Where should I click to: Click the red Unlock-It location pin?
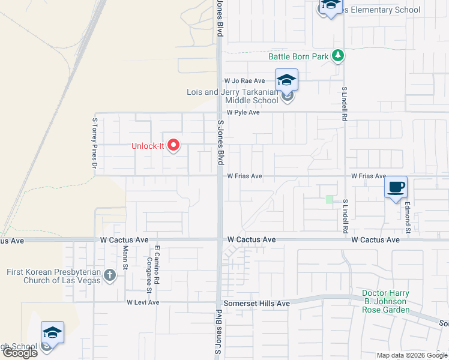[x=174, y=145]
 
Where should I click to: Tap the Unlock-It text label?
[x=148, y=146]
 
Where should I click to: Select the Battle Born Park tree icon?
[x=339, y=56]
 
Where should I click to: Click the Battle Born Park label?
[x=298, y=57]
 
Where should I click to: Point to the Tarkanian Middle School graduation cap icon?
[x=287, y=80]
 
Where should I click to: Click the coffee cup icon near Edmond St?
[x=396, y=187]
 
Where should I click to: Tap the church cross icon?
[x=109, y=275]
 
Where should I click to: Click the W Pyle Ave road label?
[x=243, y=113]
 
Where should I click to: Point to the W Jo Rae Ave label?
[x=244, y=80]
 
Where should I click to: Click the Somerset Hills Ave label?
[x=256, y=304]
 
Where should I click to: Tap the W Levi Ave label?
[x=143, y=302]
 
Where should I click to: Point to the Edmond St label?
[x=408, y=217]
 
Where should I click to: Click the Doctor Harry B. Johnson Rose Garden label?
[x=386, y=302]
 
